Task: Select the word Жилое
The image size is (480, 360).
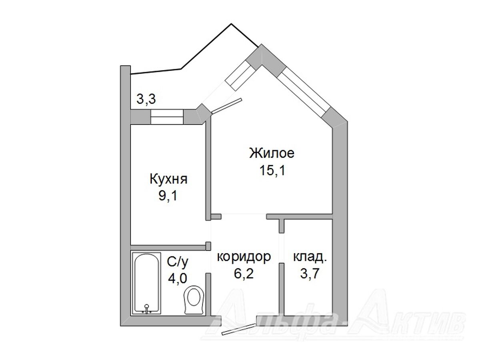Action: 272,153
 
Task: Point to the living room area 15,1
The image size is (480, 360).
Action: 272,170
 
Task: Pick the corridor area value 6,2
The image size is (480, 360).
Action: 244,274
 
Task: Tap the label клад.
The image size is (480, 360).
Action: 310,258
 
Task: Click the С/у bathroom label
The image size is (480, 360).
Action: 177,262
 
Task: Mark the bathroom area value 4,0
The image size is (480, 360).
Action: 177,278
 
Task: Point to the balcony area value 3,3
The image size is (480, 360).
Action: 146,99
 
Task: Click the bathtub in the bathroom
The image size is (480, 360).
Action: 146,284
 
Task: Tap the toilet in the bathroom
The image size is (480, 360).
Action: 194,299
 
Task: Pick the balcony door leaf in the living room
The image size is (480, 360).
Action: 227,106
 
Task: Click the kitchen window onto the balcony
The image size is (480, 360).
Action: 167,117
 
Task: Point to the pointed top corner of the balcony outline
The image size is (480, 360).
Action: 231,24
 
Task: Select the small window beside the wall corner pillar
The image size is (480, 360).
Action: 239,76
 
